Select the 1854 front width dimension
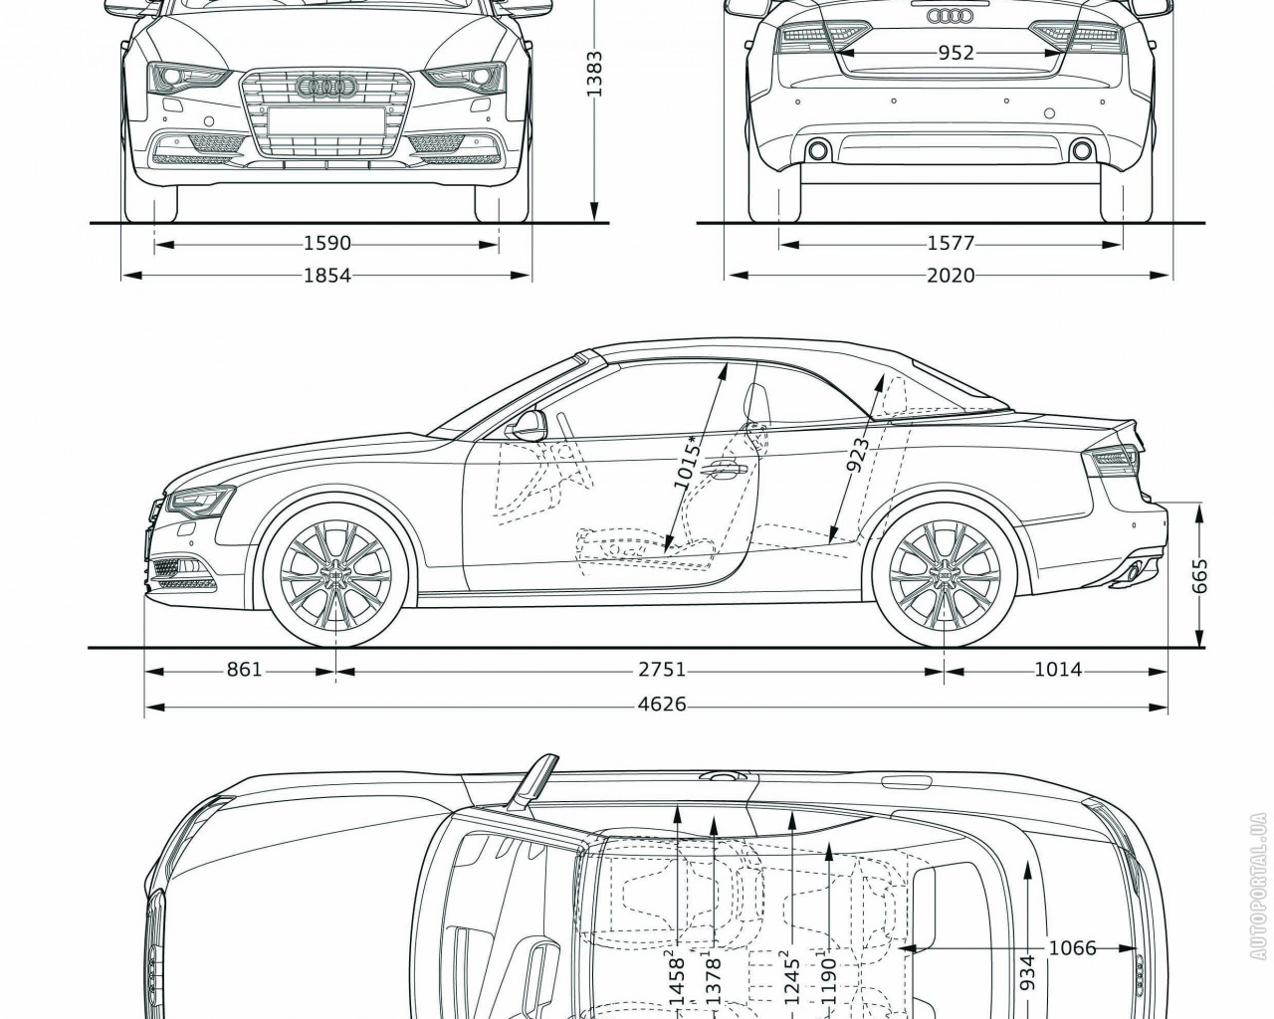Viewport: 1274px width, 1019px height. coord(327,276)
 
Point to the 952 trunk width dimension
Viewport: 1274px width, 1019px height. coord(955,53)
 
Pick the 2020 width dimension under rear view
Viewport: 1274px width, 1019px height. coord(951,276)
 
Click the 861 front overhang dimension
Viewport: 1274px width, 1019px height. coord(243,670)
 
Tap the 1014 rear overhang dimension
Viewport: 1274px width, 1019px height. coord(1057,670)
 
